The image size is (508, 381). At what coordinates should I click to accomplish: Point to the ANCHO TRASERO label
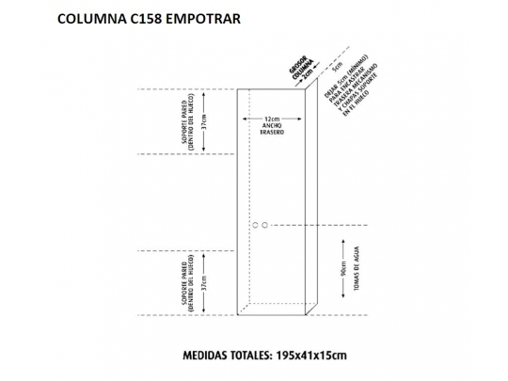(272, 131)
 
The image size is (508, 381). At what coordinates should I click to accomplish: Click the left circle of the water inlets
(255, 225)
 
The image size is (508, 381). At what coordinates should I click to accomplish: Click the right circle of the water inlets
(265, 225)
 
